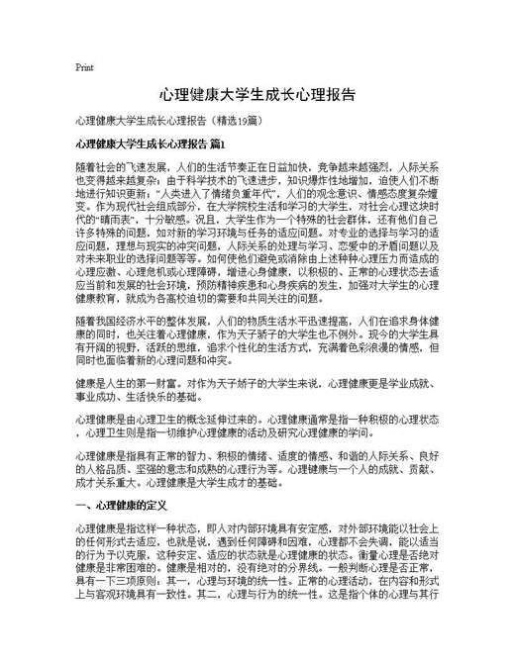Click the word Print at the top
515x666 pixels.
[x=84, y=68]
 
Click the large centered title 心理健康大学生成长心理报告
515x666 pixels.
[x=257, y=94]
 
